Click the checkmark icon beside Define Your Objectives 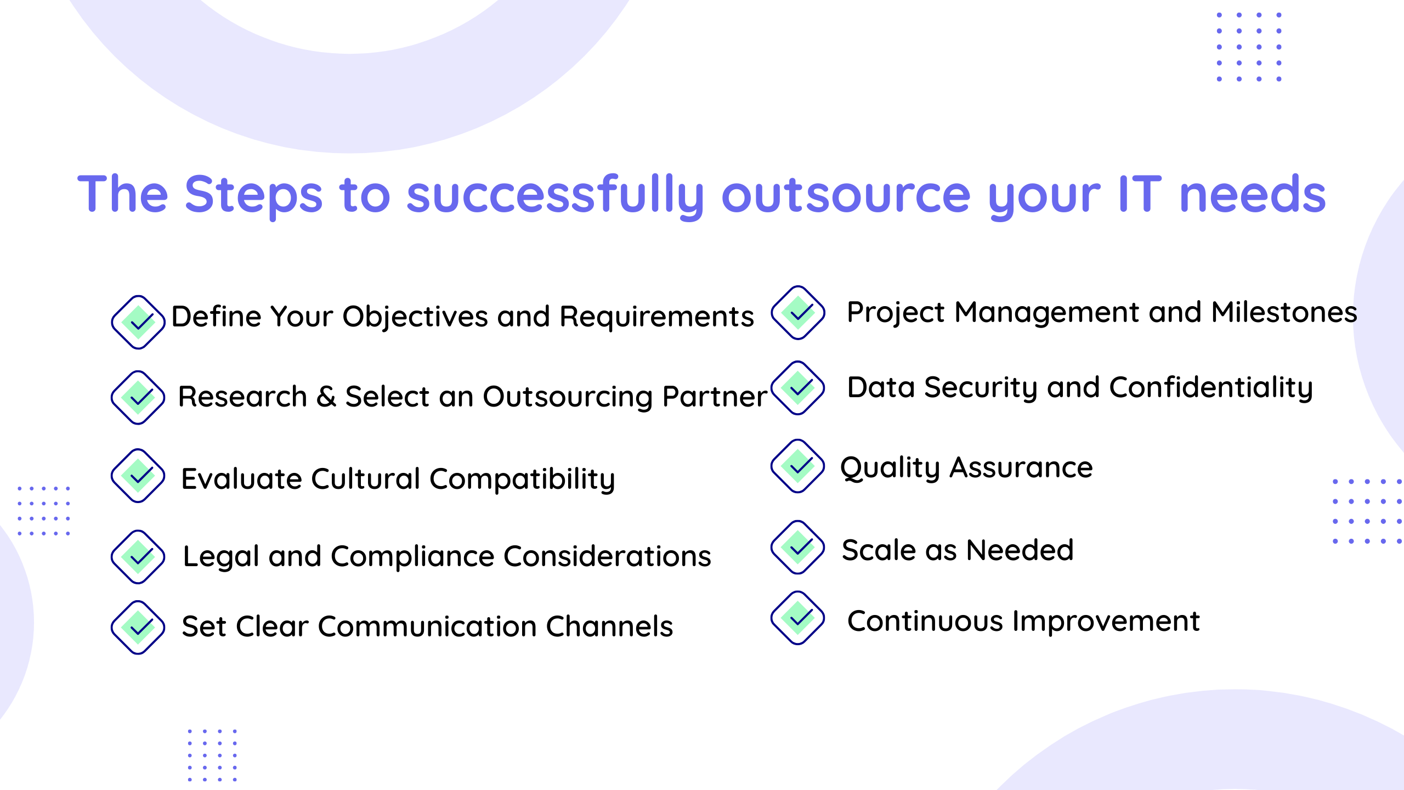click(138, 322)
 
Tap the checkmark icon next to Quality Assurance click(798, 466)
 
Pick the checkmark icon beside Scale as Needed click(798, 547)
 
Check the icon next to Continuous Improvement click(798, 618)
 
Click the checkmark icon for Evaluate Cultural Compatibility click(138, 476)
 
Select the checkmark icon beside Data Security click(798, 388)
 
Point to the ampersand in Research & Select click(326, 396)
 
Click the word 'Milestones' click(1284, 312)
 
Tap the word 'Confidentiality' click(1211, 388)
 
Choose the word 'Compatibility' click(522, 479)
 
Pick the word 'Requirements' click(657, 317)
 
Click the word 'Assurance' click(1021, 468)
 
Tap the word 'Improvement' click(1106, 622)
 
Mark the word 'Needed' click(1020, 550)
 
